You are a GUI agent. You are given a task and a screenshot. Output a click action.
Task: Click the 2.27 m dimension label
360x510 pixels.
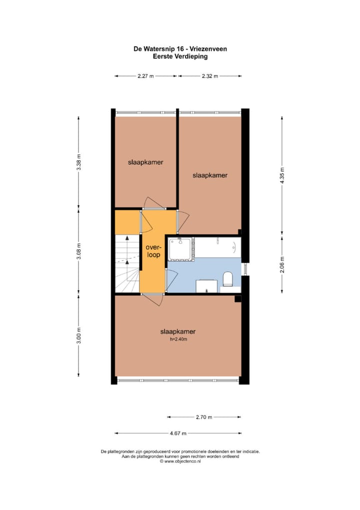145,76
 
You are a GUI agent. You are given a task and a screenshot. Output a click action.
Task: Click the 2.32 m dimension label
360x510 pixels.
210,76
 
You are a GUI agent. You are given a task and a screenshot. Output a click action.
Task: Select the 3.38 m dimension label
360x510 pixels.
78,165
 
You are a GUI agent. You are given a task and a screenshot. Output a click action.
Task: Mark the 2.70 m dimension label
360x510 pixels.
203,417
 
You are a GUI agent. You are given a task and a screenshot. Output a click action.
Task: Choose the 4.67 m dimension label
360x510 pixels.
177,433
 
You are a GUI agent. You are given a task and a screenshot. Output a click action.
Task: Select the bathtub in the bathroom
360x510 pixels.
217,247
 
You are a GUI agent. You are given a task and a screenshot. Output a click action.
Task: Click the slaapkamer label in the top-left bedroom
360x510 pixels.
145,162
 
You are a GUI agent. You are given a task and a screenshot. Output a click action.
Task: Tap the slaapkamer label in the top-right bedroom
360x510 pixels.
210,175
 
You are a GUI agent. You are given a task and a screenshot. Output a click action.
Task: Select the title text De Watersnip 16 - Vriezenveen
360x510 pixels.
180,49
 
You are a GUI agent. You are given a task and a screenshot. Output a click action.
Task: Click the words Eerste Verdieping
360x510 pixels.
180,57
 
